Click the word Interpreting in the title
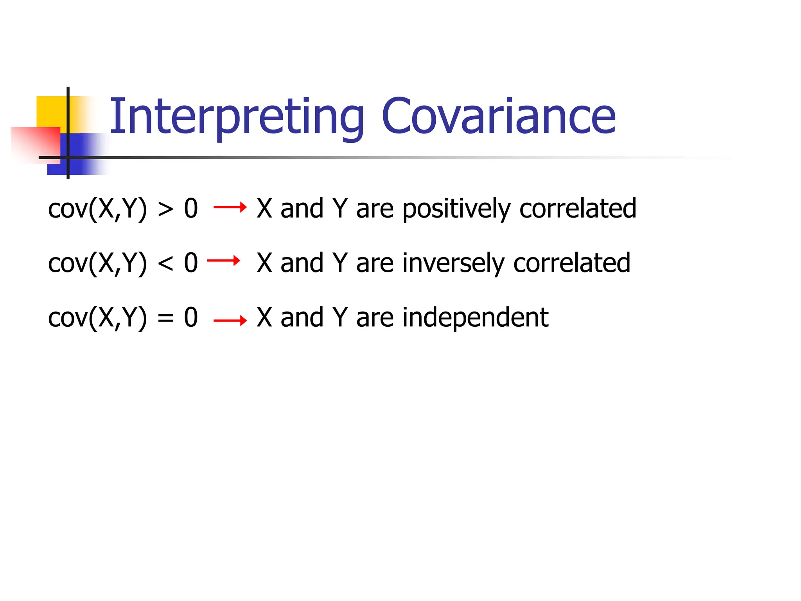point(236,117)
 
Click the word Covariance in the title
point(498,117)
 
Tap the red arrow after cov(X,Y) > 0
point(230,207)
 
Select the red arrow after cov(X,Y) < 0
point(223,261)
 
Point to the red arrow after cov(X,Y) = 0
point(230,321)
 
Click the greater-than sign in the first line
point(165,209)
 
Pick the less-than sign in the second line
point(165,264)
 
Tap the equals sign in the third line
point(165,318)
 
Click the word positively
point(456,209)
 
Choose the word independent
point(475,318)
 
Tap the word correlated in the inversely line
point(571,263)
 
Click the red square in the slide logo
point(35,143)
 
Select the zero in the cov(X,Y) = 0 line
point(191,318)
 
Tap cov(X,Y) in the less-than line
point(97,264)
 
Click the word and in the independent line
point(302,318)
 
